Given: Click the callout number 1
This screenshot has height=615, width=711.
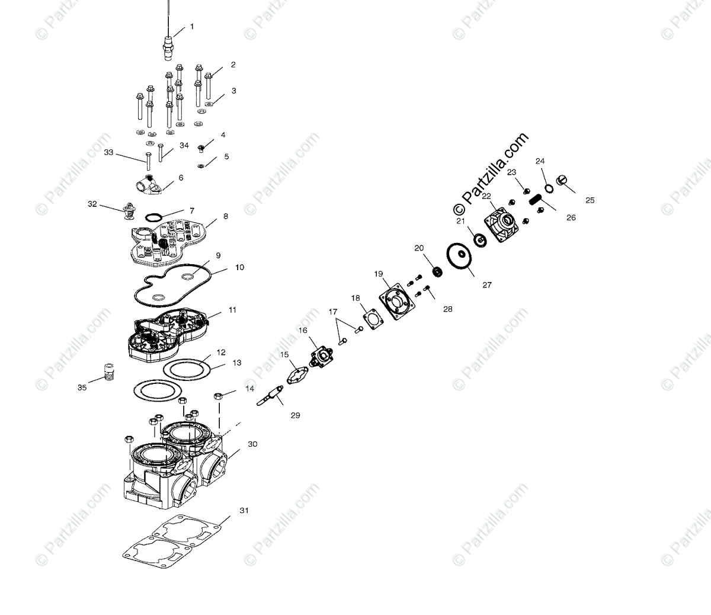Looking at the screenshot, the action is click(x=191, y=27).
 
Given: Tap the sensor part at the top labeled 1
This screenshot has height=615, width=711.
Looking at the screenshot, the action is click(x=168, y=46).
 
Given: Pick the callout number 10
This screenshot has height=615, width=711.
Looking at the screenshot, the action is click(x=239, y=268).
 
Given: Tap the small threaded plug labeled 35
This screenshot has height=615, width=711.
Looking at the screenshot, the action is click(x=108, y=372).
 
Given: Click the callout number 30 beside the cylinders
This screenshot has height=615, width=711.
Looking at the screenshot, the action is click(x=252, y=444).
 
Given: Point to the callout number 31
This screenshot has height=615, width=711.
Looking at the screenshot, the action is click(x=244, y=510).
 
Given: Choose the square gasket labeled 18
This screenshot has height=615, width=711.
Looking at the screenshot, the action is click(x=373, y=318).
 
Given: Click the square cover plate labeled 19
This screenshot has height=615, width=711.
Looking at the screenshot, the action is click(x=395, y=302).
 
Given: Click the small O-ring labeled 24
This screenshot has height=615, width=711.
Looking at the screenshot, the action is click(x=549, y=188).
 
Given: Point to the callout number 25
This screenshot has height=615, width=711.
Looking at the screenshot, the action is click(x=589, y=200).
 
